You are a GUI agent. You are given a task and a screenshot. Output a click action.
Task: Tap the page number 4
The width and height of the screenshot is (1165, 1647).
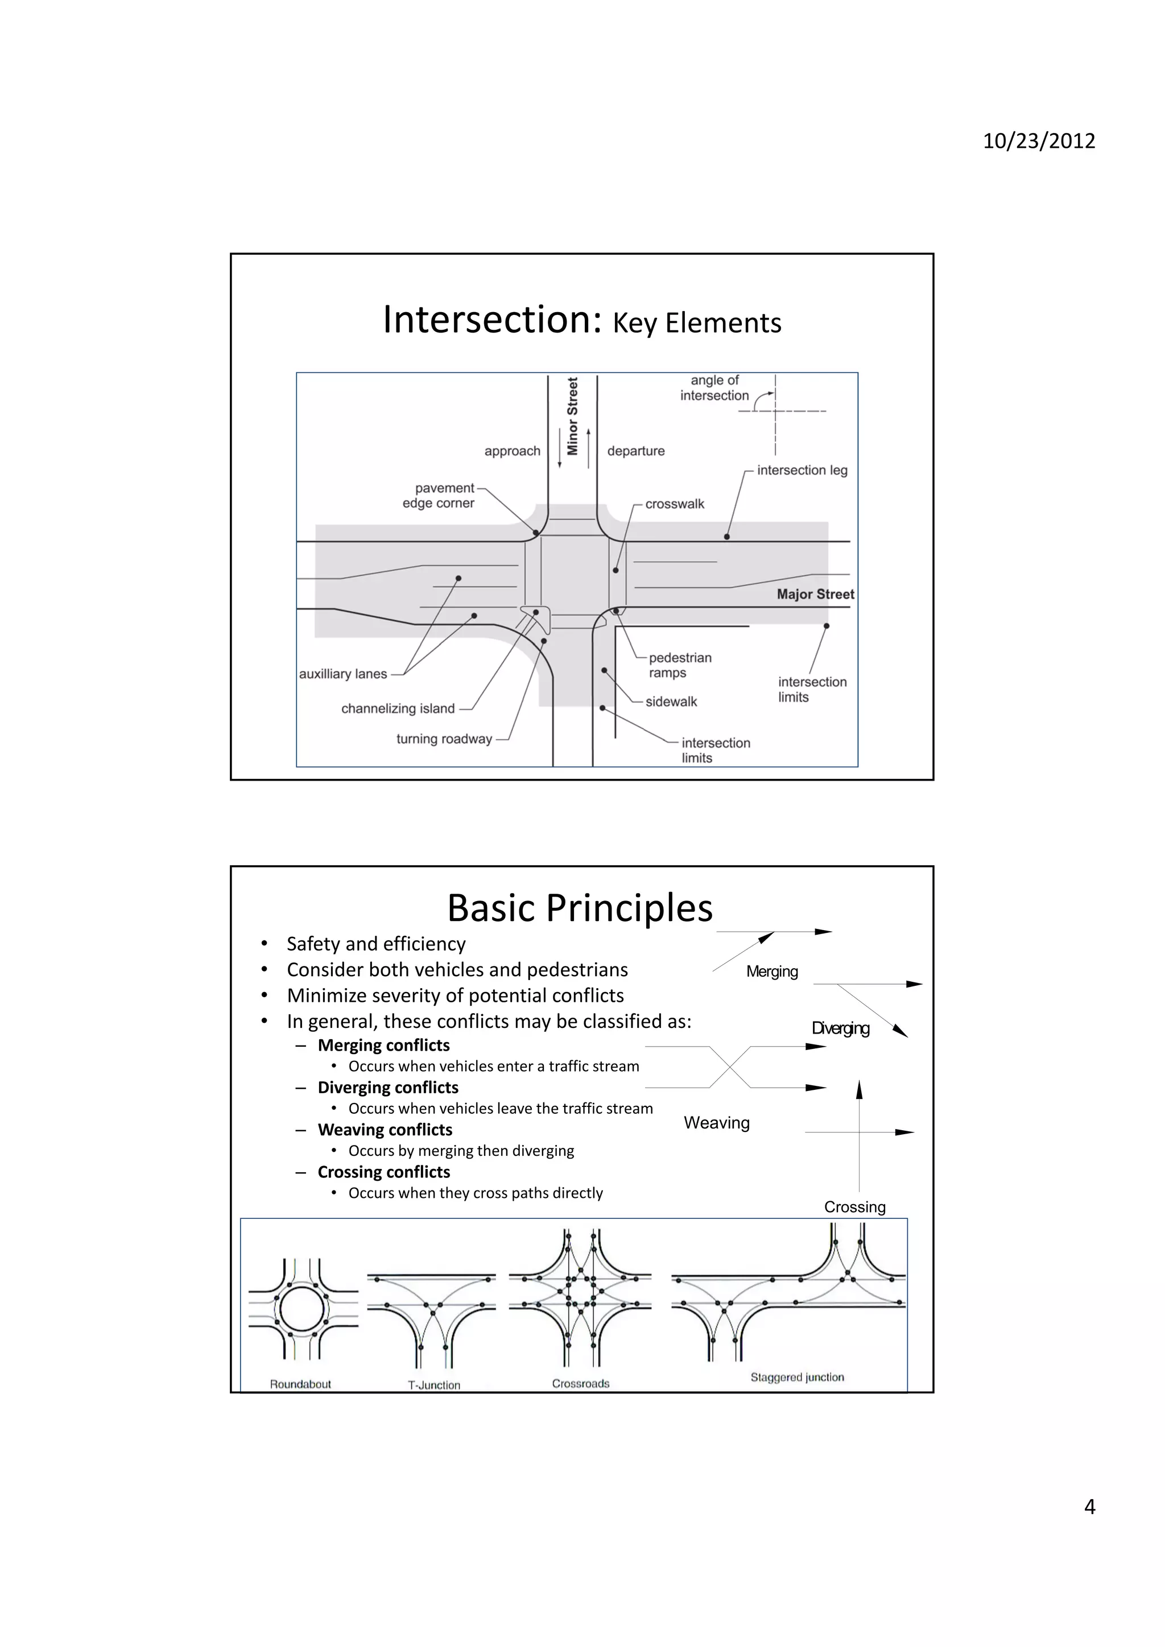point(1089,1507)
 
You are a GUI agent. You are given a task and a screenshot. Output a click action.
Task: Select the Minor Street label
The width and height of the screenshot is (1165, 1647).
point(572,416)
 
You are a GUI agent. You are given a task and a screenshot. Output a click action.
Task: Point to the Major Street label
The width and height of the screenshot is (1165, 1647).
point(815,594)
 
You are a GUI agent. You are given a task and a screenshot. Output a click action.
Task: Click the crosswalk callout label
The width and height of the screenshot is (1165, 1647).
point(674,504)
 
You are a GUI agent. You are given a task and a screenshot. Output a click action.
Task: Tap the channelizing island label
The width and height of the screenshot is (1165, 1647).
point(398,709)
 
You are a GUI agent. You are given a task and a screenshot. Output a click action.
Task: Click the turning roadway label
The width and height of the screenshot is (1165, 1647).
point(444,739)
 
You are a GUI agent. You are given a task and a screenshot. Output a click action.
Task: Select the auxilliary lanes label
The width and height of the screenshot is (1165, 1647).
point(343,674)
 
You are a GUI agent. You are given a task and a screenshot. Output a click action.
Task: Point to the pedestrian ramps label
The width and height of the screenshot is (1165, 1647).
point(679,665)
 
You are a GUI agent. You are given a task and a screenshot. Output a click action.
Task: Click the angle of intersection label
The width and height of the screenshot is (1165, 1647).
point(714,388)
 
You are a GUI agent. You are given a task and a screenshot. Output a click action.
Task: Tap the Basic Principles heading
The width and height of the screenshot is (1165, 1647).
point(580,908)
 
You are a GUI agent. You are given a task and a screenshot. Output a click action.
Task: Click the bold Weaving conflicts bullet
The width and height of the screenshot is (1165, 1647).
point(385,1130)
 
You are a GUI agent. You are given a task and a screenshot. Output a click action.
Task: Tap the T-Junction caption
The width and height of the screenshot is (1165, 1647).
point(433,1385)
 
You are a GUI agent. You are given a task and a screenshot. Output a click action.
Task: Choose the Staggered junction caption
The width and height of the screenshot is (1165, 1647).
point(797,1378)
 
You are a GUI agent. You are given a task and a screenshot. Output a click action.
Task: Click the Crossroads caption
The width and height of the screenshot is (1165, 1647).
point(580,1384)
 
